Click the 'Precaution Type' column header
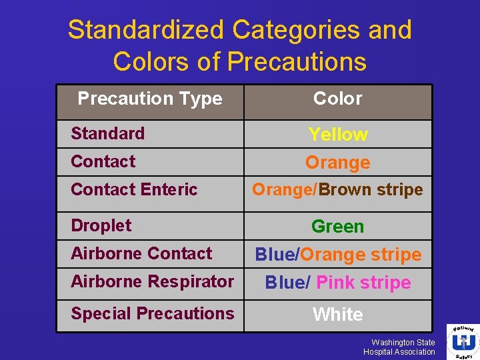(x=149, y=99)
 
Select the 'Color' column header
(x=338, y=99)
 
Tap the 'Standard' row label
(x=107, y=133)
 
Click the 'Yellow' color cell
(x=338, y=135)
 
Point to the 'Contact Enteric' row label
(x=134, y=189)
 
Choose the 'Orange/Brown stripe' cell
(x=337, y=190)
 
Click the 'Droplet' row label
(x=101, y=225)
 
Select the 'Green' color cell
(x=338, y=227)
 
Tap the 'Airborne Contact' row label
(x=141, y=253)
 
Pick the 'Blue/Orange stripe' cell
(x=338, y=255)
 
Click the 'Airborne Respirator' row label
(x=152, y=281)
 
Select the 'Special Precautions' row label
(x=152, y=313)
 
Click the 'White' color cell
(x=338, y=315)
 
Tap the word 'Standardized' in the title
(x=146, y=30)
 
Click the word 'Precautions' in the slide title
(x=297, y=61)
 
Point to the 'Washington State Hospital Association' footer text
(x=399, y=347)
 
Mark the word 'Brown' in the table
(x=345, y=190)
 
